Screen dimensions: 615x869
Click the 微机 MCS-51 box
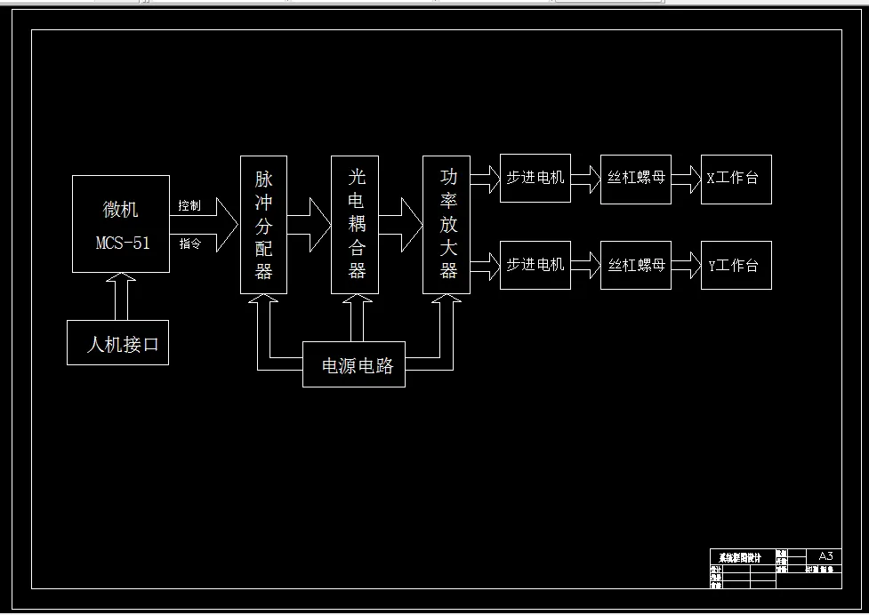121,223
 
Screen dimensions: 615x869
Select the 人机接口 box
117,343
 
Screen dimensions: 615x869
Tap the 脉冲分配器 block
264,225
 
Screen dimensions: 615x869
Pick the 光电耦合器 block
355,225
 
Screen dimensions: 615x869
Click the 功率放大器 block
447,225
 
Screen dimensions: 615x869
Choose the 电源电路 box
354,364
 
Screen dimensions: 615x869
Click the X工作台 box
736,179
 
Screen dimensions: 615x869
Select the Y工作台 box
736,265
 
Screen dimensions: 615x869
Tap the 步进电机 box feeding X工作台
535,178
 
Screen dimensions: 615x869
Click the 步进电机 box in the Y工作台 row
535,265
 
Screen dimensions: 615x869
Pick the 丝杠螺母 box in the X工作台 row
636,178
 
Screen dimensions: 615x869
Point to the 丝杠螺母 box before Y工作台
636,265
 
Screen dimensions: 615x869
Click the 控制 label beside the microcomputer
189,206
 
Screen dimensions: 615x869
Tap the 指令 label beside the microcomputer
189,244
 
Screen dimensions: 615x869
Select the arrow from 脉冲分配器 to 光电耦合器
309,225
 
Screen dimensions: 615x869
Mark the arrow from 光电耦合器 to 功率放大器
400,225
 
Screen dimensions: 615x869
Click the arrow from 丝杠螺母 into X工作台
686,179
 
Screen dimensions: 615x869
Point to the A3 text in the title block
825,555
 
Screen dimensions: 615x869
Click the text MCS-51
123,243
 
